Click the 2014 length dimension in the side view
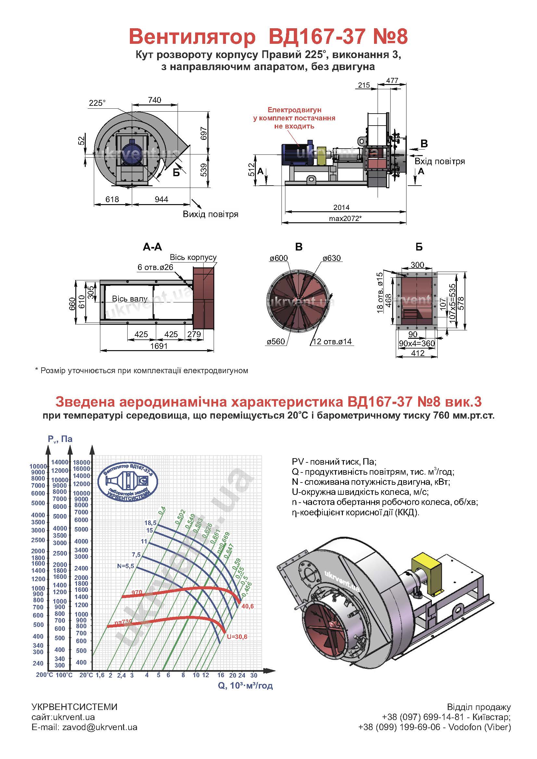[x=341, y=207]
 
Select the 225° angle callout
[x=96, y=103]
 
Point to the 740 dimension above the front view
[x=155, y=100]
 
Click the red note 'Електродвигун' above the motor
[x=294, y=110]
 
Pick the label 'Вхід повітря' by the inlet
[x=440, y=161]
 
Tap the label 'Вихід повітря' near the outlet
[x=211, y=214]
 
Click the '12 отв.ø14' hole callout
[x=332, y=341]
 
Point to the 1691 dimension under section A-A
[x=159, y=346]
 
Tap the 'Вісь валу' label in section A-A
[x=130, y=299]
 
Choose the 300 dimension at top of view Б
[x=417, y=265]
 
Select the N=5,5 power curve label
[x=125, y=566]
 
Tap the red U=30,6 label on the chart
[x=237, y=637]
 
